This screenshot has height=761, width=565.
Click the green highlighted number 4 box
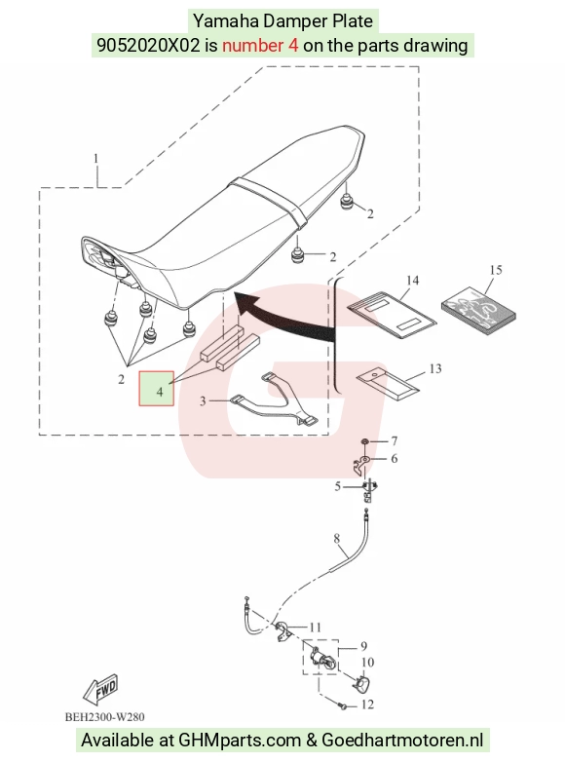pos(156,389)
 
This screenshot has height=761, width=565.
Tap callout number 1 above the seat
pos(96,159)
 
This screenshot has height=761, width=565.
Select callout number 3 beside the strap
pos(203,400)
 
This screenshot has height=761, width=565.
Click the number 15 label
pos(496,270)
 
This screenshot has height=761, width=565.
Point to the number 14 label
pos(412,281)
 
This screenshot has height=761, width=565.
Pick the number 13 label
pos(435,369)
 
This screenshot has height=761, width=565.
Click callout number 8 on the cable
pos(337,538)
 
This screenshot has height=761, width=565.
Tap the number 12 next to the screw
pos(367,704)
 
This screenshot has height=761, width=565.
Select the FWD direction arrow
pos(101,689)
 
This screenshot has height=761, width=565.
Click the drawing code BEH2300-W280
pos(105,717)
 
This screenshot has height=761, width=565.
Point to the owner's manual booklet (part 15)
pos(478,310)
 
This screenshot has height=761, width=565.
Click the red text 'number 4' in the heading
pos(260,45)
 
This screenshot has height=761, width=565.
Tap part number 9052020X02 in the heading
pos(148,45)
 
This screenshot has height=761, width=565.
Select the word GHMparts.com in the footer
pos(240,741)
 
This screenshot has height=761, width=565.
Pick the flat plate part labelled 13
pos(389,384)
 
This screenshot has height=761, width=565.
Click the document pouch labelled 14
pos(393,315)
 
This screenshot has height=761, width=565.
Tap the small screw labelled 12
pos(344,706)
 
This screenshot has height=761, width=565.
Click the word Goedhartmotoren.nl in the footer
pos(402,741)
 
